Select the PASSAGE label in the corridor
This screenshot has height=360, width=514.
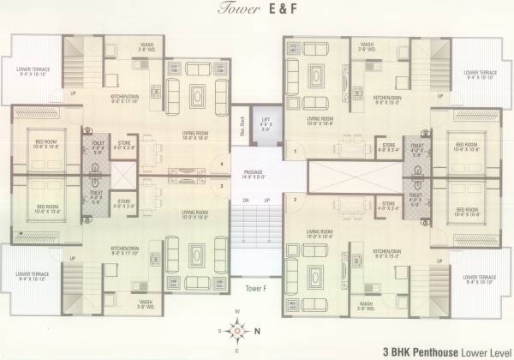tap(252, 171)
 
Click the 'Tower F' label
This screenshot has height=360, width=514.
tap(255, 287)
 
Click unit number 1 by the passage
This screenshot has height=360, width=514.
tap(294, 152)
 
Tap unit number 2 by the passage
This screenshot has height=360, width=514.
tap(294, 201)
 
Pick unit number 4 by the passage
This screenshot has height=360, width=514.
tap(222, 163)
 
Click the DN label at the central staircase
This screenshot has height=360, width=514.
tap(246, 201)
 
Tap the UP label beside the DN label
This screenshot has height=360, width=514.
tap(267, 201)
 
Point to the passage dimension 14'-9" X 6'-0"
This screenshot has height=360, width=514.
tap(252, 178)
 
